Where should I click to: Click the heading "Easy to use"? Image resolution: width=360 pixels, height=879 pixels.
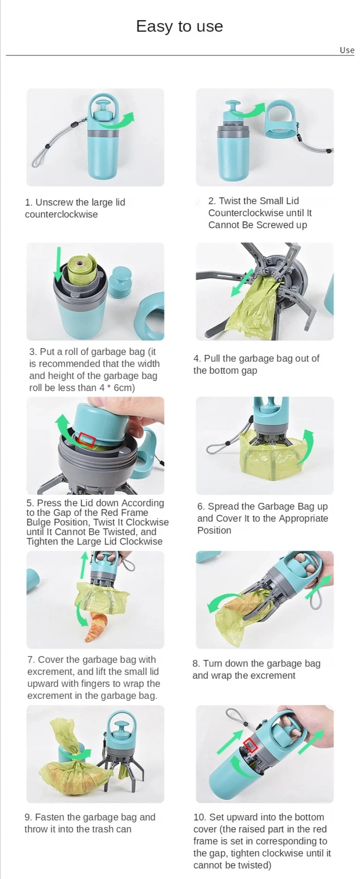[x=180, y=26]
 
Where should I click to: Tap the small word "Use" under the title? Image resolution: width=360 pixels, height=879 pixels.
[x=347, y=50]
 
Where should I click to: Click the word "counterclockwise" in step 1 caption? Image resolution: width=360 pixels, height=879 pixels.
[x=61, y=215]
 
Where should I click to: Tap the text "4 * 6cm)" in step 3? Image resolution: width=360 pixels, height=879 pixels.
[x=117, y=388]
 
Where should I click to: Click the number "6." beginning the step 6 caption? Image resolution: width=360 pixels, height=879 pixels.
[x=201, y=507]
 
